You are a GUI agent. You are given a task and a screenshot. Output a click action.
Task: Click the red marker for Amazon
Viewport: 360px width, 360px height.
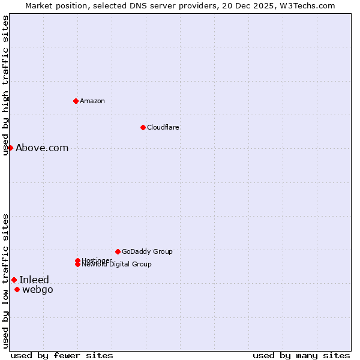click(x=76, y=101)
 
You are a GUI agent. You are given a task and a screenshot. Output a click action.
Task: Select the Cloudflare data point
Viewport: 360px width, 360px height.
click(x=143, y=127)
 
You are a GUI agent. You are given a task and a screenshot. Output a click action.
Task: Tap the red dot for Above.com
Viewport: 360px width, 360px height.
click(x=10, y=148)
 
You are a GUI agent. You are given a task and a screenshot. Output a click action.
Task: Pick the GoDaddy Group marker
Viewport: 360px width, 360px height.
click(x=118, y=251)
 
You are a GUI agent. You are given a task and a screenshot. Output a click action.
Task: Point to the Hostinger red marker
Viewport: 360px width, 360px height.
click(x=77, y=260)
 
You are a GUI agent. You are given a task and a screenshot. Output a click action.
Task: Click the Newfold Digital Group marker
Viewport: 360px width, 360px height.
click(x=77, y=265)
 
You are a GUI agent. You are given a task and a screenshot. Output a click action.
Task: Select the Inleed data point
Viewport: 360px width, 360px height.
click(x=14, y=280)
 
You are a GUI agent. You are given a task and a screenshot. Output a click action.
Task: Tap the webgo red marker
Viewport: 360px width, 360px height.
click(x=17, y=290)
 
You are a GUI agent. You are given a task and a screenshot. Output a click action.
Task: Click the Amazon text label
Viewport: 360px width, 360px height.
click(x=92, y=101)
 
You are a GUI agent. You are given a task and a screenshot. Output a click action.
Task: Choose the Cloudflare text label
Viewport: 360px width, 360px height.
click(x=163, y=127)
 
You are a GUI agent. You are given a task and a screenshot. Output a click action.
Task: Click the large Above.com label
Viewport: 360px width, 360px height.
click(x=42, y=148)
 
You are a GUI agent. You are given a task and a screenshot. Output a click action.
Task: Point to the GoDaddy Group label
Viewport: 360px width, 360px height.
click(x=147, y=251)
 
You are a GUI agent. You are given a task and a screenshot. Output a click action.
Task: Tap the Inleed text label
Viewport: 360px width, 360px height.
click(x=34, y=280)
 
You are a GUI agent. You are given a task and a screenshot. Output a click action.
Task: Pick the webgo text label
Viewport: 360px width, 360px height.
click(x=37, y=290)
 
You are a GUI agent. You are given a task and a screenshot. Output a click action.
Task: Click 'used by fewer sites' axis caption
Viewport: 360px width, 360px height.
click(x=62, y=355)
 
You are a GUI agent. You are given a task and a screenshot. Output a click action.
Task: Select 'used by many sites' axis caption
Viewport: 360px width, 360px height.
click(x=301, y=355)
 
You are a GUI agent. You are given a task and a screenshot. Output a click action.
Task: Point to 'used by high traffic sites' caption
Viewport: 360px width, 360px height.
click(x=5, y=85)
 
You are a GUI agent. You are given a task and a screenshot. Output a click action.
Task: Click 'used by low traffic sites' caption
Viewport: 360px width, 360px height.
click(x=5, y=281)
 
